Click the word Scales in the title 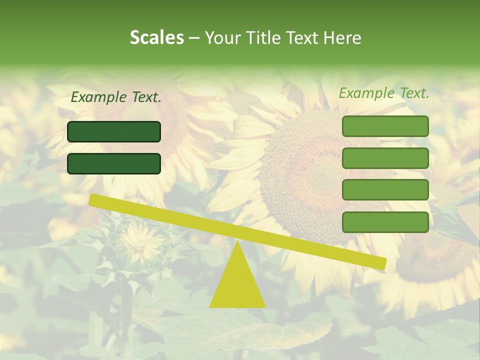point(156,37)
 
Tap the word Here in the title point(342,37)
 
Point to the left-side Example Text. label point(116,97)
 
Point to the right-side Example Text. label point(384,93)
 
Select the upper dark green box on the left point(114,131)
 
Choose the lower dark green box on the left point(114,163)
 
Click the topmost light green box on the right point(385,126)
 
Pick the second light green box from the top point(385,158)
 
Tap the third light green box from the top point(385,190)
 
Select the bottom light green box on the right point(385,222)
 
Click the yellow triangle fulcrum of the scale point(237,285)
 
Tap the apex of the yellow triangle point(237,243)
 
